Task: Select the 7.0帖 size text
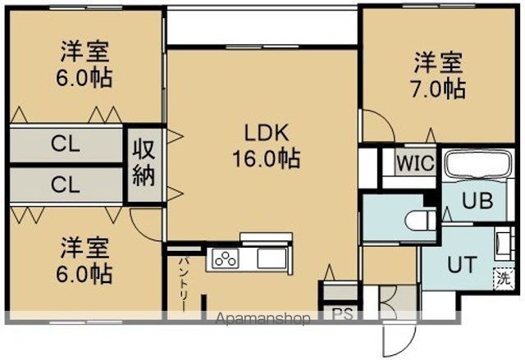439,88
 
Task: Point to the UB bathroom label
477,200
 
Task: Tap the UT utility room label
460,264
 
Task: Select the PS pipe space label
340,313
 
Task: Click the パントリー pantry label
183,283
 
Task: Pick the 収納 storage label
144,162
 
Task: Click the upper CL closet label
66,146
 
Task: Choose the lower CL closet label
66,185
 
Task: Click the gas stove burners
225,259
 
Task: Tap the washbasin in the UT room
502,244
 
